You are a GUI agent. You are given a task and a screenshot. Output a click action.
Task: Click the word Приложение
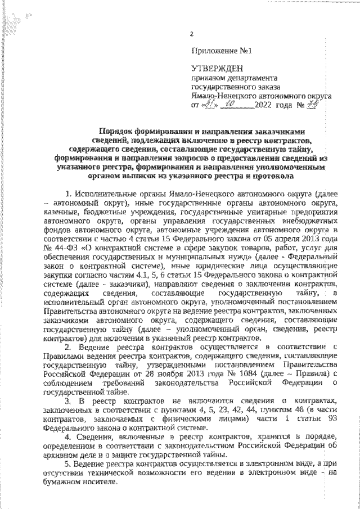pyautogui.click(x=214, y=51)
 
